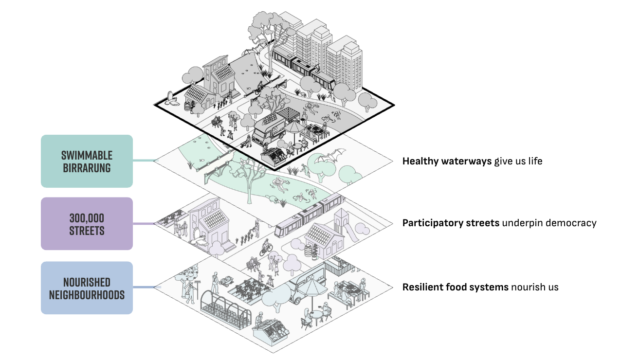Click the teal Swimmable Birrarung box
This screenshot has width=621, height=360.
click(87, 161)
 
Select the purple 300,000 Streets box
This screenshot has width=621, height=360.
click(87, 223)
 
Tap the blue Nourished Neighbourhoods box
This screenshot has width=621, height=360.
click(87, 288)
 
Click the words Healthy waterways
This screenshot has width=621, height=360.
click(447, 161)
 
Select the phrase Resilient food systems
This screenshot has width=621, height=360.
click(455, 287)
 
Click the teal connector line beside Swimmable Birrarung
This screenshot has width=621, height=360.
click(144, 161)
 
